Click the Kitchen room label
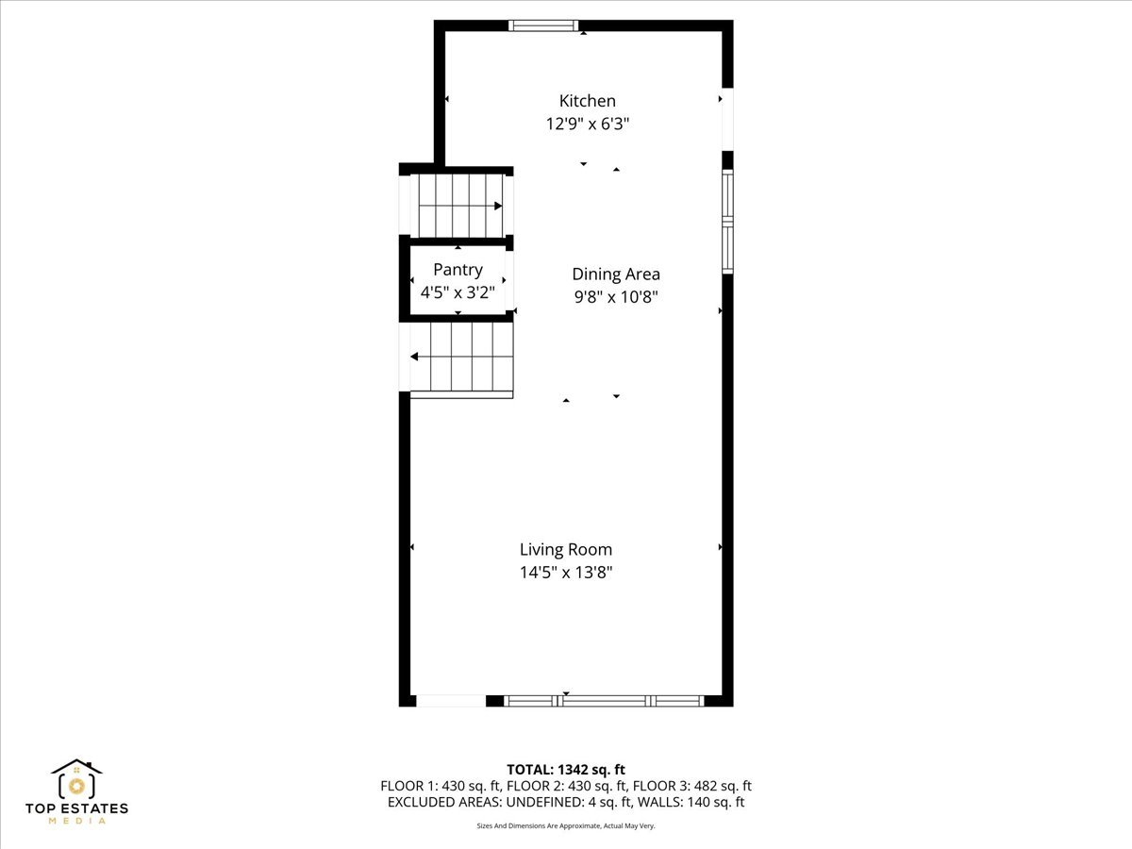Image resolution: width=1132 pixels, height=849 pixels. pos(587,101)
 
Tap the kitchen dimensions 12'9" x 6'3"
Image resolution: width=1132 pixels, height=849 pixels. pos(587,124)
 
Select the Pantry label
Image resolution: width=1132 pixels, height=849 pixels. pos(458,270)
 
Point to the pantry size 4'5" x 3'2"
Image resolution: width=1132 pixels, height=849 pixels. pos(458,292)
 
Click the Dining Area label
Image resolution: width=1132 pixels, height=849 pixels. pos(616,275)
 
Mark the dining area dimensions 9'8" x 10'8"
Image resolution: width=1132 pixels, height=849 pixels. pos(616,297)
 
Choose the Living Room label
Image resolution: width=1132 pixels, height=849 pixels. pos(566,549)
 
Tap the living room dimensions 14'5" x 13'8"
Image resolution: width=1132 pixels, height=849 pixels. pos(566,572)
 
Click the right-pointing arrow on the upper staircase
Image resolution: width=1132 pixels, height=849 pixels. pos(497,206)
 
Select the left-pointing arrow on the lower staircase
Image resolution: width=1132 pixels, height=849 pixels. pos(415,357)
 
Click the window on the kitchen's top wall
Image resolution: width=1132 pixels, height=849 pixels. pos(544,25)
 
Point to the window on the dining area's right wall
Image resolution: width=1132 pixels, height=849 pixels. pos(727,222)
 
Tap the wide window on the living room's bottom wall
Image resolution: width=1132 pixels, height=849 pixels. pos(604,701)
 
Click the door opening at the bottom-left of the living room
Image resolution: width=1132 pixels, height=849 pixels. pos(451,701)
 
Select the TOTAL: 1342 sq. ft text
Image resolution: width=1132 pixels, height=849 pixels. pos(566,770)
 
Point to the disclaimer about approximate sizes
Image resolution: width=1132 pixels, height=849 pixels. pos(566,825)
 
